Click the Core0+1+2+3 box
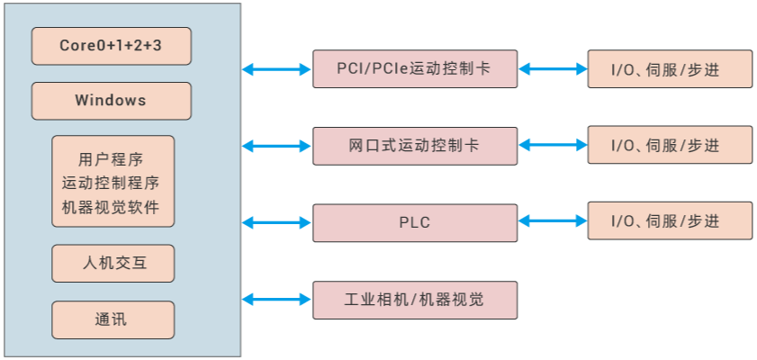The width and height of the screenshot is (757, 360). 111,46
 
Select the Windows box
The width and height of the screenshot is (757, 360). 111,101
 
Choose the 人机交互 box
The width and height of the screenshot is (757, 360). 113,264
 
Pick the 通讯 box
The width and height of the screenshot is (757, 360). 113,319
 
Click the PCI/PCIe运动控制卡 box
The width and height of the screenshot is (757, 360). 415,68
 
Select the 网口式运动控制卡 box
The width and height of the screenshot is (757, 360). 415,145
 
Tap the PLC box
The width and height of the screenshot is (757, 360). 415,222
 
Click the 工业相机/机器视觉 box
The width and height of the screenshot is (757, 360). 415,300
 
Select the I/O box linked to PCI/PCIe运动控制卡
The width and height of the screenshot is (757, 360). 670,68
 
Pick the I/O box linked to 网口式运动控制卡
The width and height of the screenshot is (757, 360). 670,145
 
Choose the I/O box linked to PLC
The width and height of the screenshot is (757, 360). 670,221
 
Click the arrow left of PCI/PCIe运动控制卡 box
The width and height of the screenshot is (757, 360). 276,68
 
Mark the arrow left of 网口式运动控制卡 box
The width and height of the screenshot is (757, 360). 276,145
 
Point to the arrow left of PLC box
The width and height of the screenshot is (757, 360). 276,222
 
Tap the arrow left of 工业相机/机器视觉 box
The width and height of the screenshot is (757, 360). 276,300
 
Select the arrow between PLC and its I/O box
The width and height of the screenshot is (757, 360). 553,221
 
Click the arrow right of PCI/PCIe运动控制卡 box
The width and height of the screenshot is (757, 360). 553,68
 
